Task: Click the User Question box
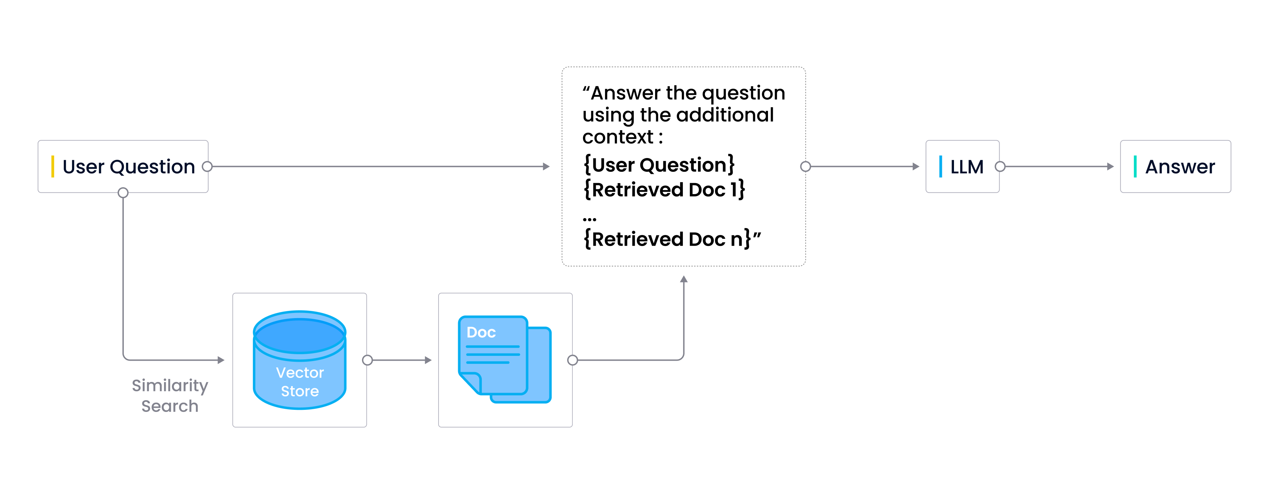[123, 167]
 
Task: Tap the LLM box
[962, 167]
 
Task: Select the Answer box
[1175, 167]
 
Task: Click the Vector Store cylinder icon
[300, 360]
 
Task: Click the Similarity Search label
[170, 395]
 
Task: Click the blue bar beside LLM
[940, 167]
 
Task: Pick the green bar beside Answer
[1135, 167]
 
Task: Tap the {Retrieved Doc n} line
[667, 239]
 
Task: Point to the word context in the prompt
[618, 137]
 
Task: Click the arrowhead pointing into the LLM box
[916, 167]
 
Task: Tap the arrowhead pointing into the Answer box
[1110, 167]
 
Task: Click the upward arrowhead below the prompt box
[684, 279]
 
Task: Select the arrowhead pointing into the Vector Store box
[221, 360]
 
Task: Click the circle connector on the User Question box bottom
[123, 193]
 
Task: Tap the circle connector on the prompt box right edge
[805, 167]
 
